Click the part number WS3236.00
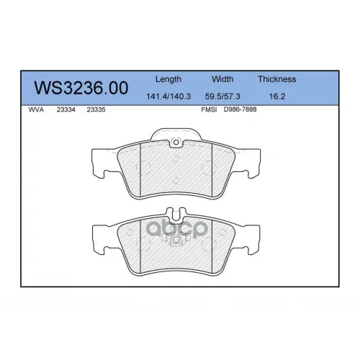[x=81, y=88]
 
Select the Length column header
[x=168, y=79]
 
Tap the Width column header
[x=222, y=79]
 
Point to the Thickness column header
[x=277, y=79]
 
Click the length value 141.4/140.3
[x=168, y=96]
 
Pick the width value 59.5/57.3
[x=222, y=96]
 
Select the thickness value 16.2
[x=277, y=96]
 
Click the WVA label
[x=36, y=109]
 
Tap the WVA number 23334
[x=66, y=109]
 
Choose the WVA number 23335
[x=96, y=109]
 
